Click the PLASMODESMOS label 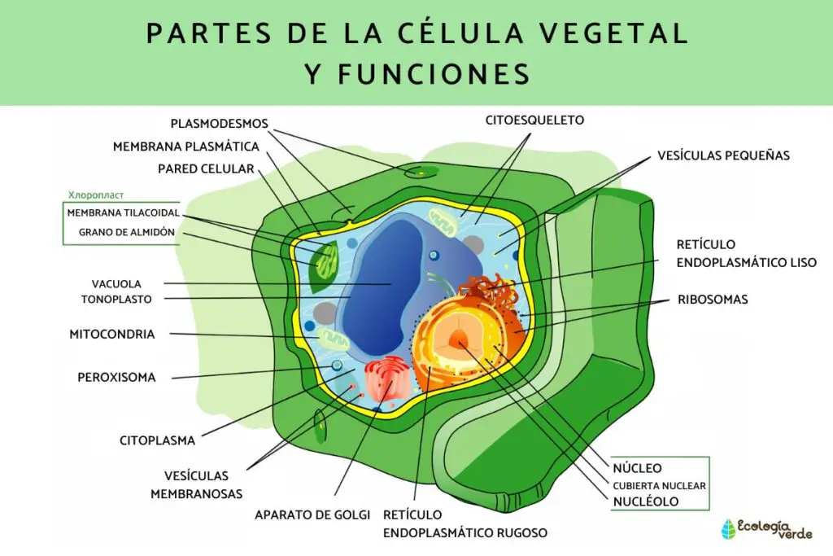[x=219, y=124]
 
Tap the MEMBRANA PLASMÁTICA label [x=186, y=147]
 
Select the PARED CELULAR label [x=206, y=169]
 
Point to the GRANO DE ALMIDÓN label [x=127, y=232]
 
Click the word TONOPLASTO [x=116, y=299]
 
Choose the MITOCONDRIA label [x=111, y=334]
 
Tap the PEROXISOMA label [x=116, y=377]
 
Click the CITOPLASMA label [x=158, y=440]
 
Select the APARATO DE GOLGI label [x=312, y=514]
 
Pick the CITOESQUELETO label [x=534, y=120]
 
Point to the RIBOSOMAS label [x=713, y=300]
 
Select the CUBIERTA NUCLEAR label [x=659, y=485]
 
